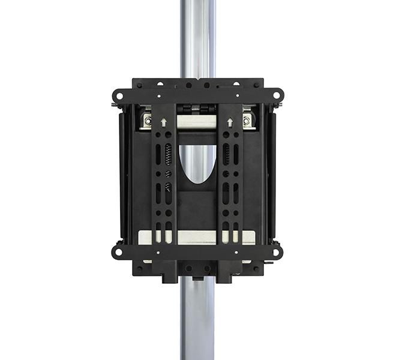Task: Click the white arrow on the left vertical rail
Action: [x=164, y=122]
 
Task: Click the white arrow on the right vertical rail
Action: [x=230, y=122]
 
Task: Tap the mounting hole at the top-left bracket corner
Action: [x=118, y=95]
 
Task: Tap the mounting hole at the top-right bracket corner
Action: [x=277, y=95]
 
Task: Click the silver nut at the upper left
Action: [x=147, y=120]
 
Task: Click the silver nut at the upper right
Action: [x=247, y=120]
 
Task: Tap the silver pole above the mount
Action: [x=197, y=36]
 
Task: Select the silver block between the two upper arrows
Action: [x=197, y=122]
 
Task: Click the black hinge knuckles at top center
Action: [x=197, y=109]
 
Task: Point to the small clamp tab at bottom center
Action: [x=197, y=278]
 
